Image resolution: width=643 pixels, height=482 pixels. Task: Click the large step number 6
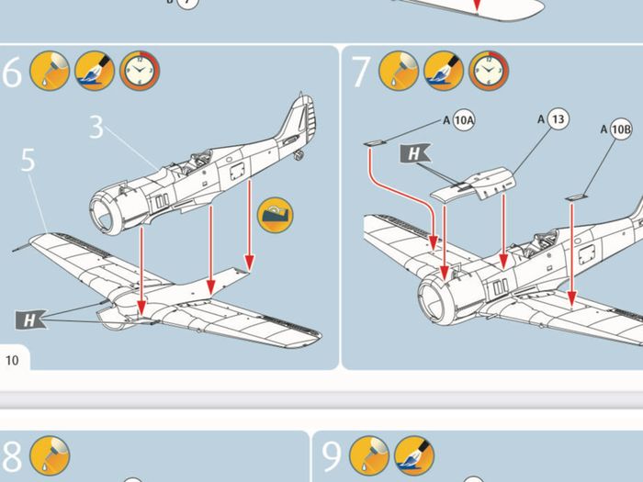coord(12,72)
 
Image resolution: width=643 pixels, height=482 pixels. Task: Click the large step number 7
coord(360,72)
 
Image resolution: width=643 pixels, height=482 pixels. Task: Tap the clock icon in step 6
coord(140,71)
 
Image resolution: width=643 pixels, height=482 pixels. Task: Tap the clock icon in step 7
coord(489,71)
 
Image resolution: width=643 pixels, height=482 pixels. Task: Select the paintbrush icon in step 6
coord(95,71)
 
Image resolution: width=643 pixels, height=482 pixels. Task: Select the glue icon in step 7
coord(398,71)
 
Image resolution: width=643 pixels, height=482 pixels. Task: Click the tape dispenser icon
coord(276,215)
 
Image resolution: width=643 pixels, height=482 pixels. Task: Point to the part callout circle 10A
coord(464,120)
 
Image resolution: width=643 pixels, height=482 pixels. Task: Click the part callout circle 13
coord(558,119)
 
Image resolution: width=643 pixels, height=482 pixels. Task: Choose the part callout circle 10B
coord(620,129)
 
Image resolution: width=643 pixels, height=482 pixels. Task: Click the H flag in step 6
coord(30,319)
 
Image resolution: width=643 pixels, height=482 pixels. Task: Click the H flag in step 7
coord(414,153)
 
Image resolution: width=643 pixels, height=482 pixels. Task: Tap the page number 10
coord(12,360)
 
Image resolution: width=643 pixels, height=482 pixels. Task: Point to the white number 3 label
coord(96,127)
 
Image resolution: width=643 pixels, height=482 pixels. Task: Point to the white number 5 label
coord(28,160)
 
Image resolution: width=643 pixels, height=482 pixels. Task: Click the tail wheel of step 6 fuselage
coord(299,155)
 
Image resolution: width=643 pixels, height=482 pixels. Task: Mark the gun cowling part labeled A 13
coord(473,184)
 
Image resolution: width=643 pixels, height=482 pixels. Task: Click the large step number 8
coord(11,455)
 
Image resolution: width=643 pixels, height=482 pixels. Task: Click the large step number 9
coord(332,455)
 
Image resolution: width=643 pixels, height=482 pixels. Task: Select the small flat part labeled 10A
coord(375,143)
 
